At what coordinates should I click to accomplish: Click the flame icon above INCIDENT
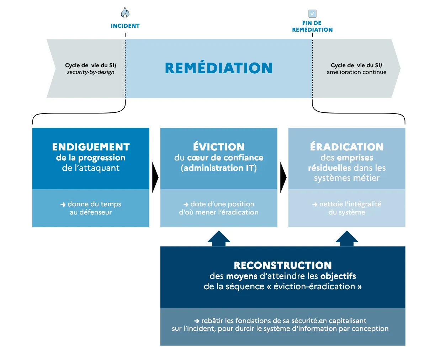point(125,12)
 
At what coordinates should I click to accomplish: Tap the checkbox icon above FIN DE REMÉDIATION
point(312,14)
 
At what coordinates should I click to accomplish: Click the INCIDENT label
point(125,26)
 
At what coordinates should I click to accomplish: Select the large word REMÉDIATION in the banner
point(219,68)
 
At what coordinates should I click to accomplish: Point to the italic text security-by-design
point(91,72)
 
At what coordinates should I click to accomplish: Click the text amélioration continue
point(356,72)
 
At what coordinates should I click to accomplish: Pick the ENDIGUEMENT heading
point(91,147)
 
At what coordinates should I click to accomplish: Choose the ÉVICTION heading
point(219,147)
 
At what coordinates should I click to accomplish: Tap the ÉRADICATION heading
point(347,147)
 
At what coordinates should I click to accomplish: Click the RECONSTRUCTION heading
point(283,265)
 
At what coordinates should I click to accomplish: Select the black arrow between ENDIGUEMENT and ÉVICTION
point(155,178)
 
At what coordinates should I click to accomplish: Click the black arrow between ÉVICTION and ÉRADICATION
point(283,178)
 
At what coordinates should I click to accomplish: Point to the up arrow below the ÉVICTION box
point(219,238)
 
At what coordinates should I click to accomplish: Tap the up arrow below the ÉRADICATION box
point(347,238)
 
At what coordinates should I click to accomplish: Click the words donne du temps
point(94,204)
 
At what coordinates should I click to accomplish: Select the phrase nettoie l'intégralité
point(350,204)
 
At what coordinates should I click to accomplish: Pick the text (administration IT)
point(219,168)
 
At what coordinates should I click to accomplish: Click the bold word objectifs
point(338,276)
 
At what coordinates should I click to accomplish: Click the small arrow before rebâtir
point(197,321)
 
